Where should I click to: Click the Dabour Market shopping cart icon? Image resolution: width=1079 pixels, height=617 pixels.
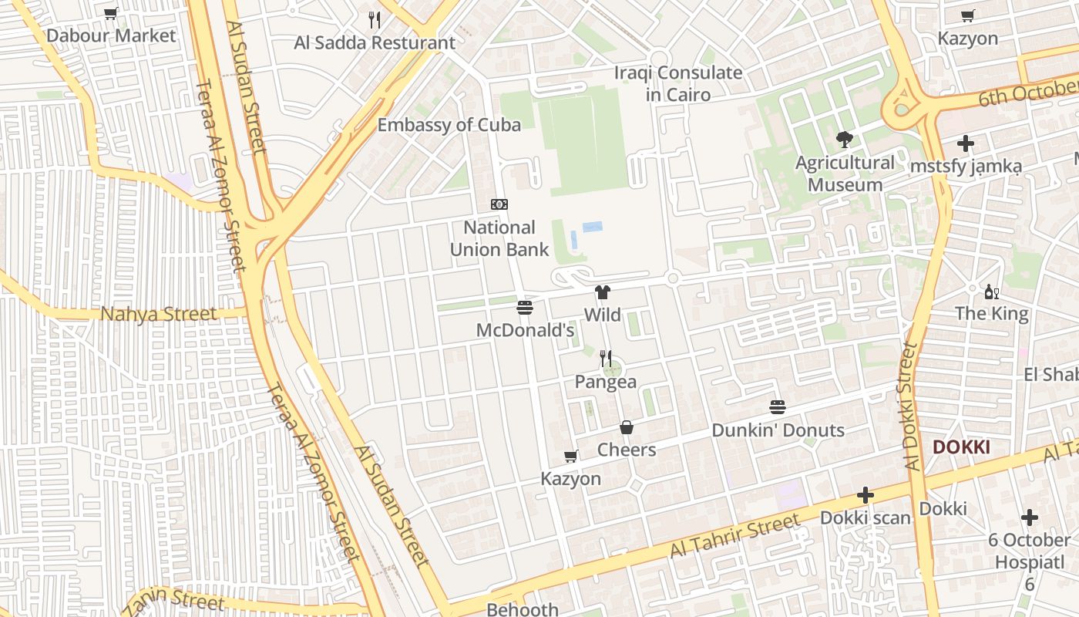point(110,13)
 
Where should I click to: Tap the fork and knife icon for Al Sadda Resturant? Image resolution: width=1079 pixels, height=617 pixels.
point(375,20)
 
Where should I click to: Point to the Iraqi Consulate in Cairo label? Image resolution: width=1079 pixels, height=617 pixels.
point(678,83)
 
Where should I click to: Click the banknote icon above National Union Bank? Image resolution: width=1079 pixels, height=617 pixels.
point(499,204)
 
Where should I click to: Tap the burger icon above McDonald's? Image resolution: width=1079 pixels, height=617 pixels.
point(525,308)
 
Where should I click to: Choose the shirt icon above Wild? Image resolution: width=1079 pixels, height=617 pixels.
point(602,292)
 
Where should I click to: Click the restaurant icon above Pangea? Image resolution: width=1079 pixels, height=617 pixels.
point(606,359)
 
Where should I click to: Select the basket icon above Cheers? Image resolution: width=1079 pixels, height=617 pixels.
point(627,427)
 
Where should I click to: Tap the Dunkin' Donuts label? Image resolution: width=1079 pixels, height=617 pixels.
point(778,430)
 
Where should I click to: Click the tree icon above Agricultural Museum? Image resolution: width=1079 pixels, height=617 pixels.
point(845,140)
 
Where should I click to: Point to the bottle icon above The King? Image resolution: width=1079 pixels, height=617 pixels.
point(991,292)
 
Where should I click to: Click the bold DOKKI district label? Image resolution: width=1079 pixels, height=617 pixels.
point(961,447)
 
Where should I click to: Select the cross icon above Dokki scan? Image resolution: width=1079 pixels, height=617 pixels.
point(866,495)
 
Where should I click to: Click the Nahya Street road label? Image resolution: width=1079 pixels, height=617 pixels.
point(159,314)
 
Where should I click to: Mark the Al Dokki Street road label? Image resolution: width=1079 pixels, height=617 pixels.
point(912,406)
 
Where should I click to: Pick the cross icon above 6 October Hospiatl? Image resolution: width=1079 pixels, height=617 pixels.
point(1030,518)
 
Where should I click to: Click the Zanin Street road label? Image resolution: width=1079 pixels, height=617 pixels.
point(173,599)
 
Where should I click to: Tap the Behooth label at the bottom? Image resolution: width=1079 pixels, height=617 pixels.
point(523,609)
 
